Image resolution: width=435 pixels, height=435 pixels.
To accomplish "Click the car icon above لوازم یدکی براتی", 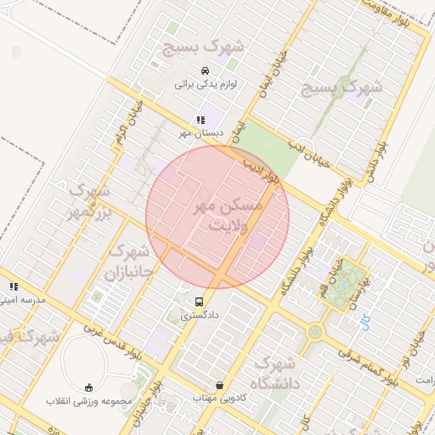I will click(205, 71).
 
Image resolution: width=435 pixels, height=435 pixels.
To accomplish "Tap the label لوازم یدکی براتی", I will click(205, 84).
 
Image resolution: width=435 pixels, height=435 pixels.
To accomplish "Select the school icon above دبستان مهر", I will click(201, 121).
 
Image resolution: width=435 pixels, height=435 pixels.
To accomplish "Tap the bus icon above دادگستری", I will click(200, 302).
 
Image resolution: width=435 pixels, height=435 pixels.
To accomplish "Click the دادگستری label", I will click(200, 315).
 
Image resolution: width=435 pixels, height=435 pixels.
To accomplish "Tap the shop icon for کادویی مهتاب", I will click(220, 385).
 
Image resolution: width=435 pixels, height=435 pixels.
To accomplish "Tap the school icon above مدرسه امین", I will click(13, 287).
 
